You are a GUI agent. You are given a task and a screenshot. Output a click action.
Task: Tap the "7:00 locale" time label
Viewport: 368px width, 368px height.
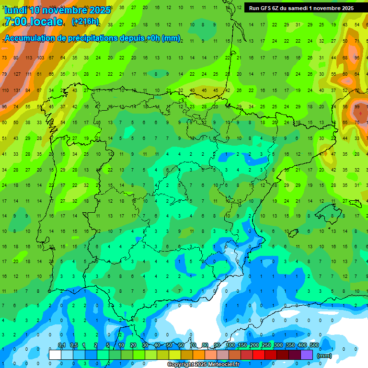[x=34, y=22]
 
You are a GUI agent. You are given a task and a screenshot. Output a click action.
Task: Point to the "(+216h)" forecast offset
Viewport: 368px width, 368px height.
[x=85, y=21]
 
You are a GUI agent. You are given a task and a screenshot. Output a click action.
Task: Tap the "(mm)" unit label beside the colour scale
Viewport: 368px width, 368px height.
[x=324, y=356]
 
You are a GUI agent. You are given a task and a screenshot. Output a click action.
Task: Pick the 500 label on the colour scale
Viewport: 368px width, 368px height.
[x=314, y=345]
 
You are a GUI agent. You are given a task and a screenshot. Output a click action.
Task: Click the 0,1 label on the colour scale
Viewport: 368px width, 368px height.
[x=62, y=345]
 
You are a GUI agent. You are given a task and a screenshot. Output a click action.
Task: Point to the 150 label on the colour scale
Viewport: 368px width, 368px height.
[x=242, y=345]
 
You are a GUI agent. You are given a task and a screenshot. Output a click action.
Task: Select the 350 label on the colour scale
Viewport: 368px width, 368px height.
[x=290, y=345]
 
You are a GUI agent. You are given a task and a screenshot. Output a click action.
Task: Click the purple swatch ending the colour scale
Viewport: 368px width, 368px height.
[x=307, y=355]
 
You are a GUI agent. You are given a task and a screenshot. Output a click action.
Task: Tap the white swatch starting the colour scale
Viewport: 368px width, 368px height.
[x=55, y=355]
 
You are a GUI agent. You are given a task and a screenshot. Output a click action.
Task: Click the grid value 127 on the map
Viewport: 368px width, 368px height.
[x=17, y=74]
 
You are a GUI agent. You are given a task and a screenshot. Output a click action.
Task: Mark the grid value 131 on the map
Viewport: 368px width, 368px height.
[x=17, y=90]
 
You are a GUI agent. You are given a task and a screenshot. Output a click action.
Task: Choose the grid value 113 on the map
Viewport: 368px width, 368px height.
[x=29, y=58]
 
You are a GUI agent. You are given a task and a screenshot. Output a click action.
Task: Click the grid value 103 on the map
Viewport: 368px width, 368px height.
[x=40, y=58]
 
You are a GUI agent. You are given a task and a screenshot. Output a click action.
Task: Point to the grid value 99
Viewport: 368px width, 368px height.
[x=357, y=106]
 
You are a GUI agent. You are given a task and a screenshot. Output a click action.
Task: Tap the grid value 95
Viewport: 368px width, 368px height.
[x=357, y=58]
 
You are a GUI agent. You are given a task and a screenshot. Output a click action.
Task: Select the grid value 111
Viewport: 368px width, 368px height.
[x=29, y=74]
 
